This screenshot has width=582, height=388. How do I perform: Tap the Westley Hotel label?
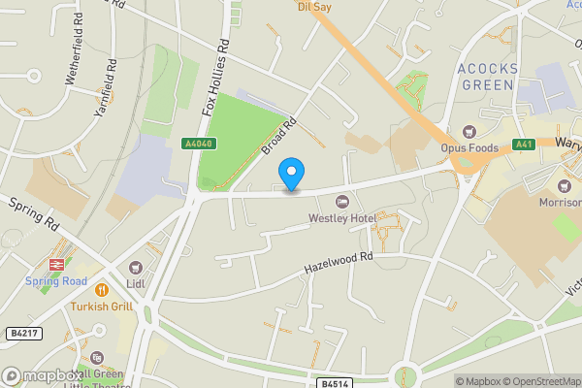coord(341,217)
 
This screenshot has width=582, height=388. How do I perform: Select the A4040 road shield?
coord(198,144)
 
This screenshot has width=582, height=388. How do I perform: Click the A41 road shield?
coord(525,145)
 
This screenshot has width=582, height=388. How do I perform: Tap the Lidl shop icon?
coord(135,268)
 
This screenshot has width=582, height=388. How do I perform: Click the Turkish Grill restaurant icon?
coord(100,289)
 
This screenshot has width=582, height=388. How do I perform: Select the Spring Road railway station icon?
coord(56,265)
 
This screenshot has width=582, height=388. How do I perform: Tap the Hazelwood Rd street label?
coord(339,259)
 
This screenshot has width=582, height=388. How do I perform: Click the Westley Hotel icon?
coord(341,201)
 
